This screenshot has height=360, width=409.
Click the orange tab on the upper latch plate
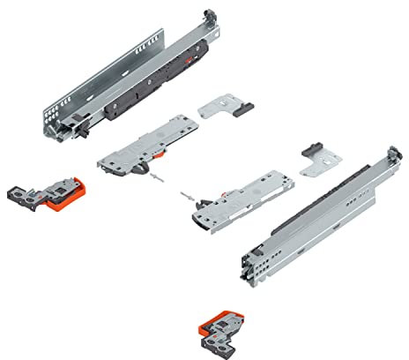tap(157, 151)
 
